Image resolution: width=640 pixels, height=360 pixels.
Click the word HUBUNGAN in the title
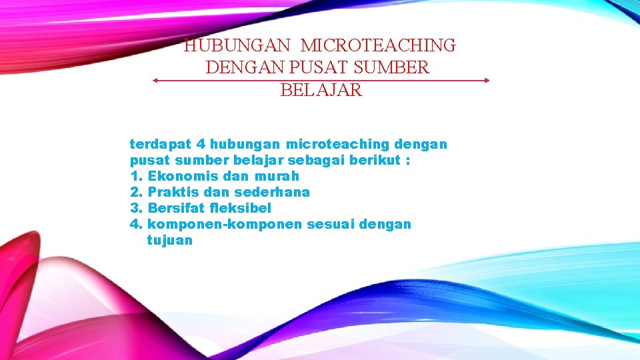click(x=237, y=46)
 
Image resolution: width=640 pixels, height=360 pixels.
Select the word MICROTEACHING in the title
click(x=378, y=46)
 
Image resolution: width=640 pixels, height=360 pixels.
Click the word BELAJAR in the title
click(x=321, y=90)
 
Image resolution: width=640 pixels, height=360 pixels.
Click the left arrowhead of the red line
click(x=155, y=80)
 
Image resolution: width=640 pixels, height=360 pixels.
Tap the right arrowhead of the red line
click(x=487, y=80)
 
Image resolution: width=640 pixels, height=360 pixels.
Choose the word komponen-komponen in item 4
click(x=225, y=225)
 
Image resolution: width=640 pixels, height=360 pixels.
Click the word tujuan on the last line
click(x=169, y=241)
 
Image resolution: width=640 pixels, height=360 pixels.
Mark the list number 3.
click(x=135, y=208)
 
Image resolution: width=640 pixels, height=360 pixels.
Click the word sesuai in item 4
click(x=331, y=225)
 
